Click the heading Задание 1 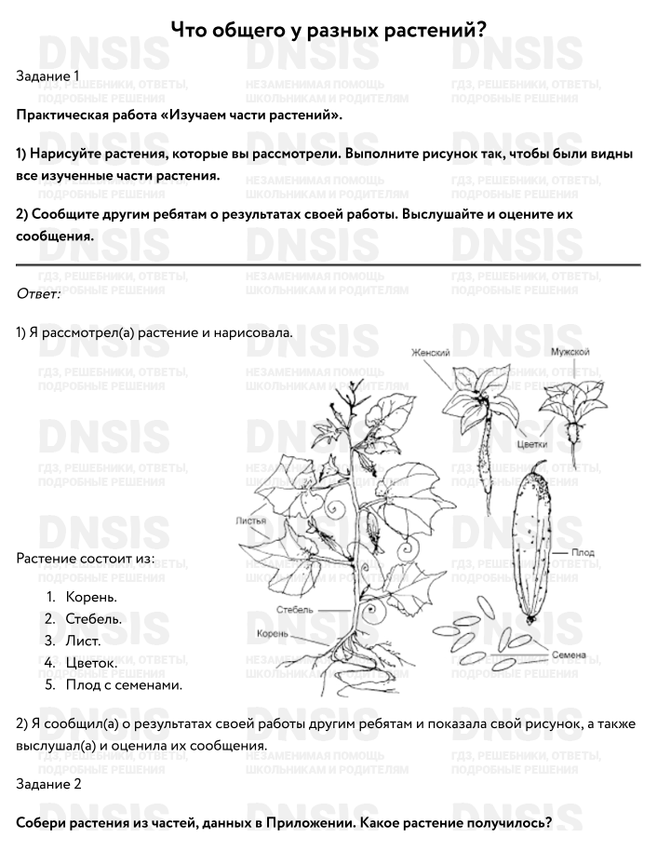(x=48, y=75)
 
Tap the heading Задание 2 (x=48, y=784)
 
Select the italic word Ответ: (x=38, y=294)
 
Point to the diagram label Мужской (x=570, y=352)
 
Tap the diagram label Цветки (x=531, y=444)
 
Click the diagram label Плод (x=583, y=553)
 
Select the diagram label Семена (x=569, y=655)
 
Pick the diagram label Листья (x=251, y=520)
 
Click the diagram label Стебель (x=294, y=610)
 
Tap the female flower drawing (x=476, y=410)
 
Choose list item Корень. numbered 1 (x=91, y=597)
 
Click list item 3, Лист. (x=83, y=641)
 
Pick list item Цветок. (x=91, y=663)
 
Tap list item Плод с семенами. (x=123, y=684)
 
